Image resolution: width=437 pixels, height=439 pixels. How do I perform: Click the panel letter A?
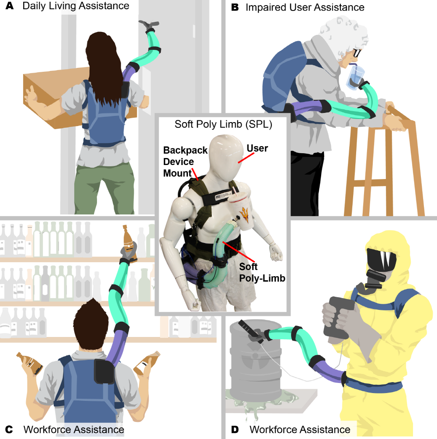coord(10,6)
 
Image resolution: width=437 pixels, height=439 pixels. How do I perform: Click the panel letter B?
coord(235,7)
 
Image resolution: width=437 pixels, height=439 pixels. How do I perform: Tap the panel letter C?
coord(9,429)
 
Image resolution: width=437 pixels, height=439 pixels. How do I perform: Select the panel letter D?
coord(235,429)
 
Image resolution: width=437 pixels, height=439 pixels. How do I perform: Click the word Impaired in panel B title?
coord(266,7)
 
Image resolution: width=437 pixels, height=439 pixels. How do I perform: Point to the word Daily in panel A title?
coord(34,6)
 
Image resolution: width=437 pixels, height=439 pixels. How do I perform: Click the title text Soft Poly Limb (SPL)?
coord(223,124)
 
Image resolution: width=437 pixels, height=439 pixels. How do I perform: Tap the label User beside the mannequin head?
coord(257,148)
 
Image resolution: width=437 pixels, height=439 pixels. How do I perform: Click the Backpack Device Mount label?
coord(185,162)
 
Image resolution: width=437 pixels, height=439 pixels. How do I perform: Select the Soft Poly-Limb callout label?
coord(262,272)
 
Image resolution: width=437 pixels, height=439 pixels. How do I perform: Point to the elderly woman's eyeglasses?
coord(357,53)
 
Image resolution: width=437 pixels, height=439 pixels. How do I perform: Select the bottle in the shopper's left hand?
coord(29,364)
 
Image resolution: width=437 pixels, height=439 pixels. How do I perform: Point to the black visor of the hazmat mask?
coord(382,260)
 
